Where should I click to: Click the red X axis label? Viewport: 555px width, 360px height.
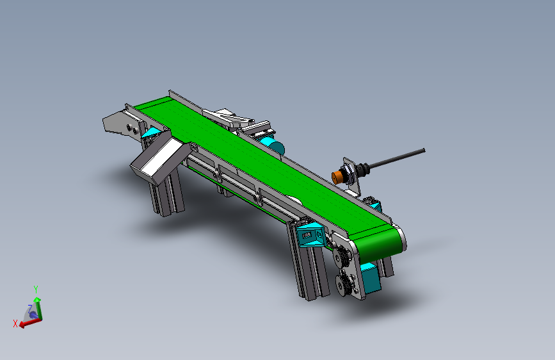pos(15,323)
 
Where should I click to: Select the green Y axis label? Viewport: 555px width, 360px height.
pos(36,289)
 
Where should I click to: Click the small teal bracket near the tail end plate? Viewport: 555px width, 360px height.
pos(152,133)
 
